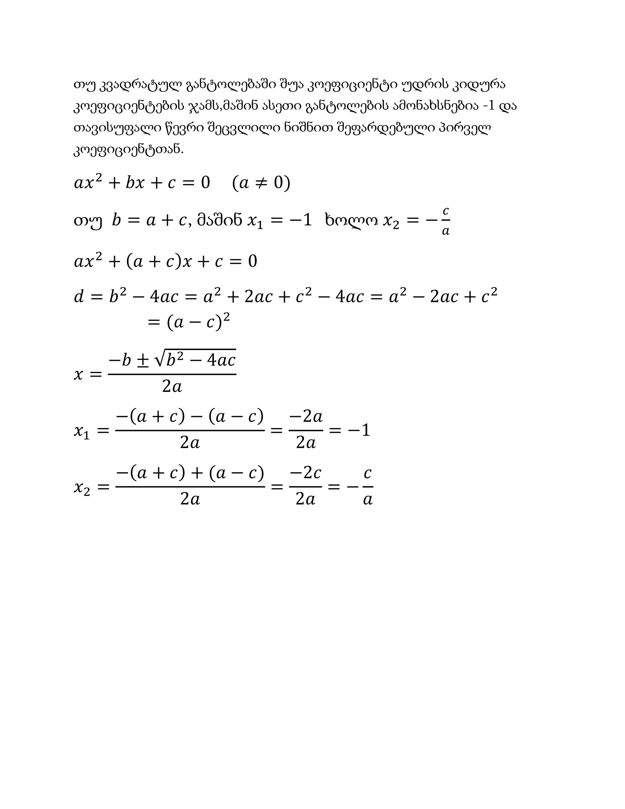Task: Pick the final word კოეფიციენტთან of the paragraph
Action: tap(128, 150)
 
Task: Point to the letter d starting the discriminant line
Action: tap(79, 297)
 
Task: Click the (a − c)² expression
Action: tap(198, 322)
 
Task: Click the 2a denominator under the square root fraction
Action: tap(172, 387)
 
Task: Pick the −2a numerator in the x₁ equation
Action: tap(306, 417)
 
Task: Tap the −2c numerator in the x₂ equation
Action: tap(305, 473)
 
